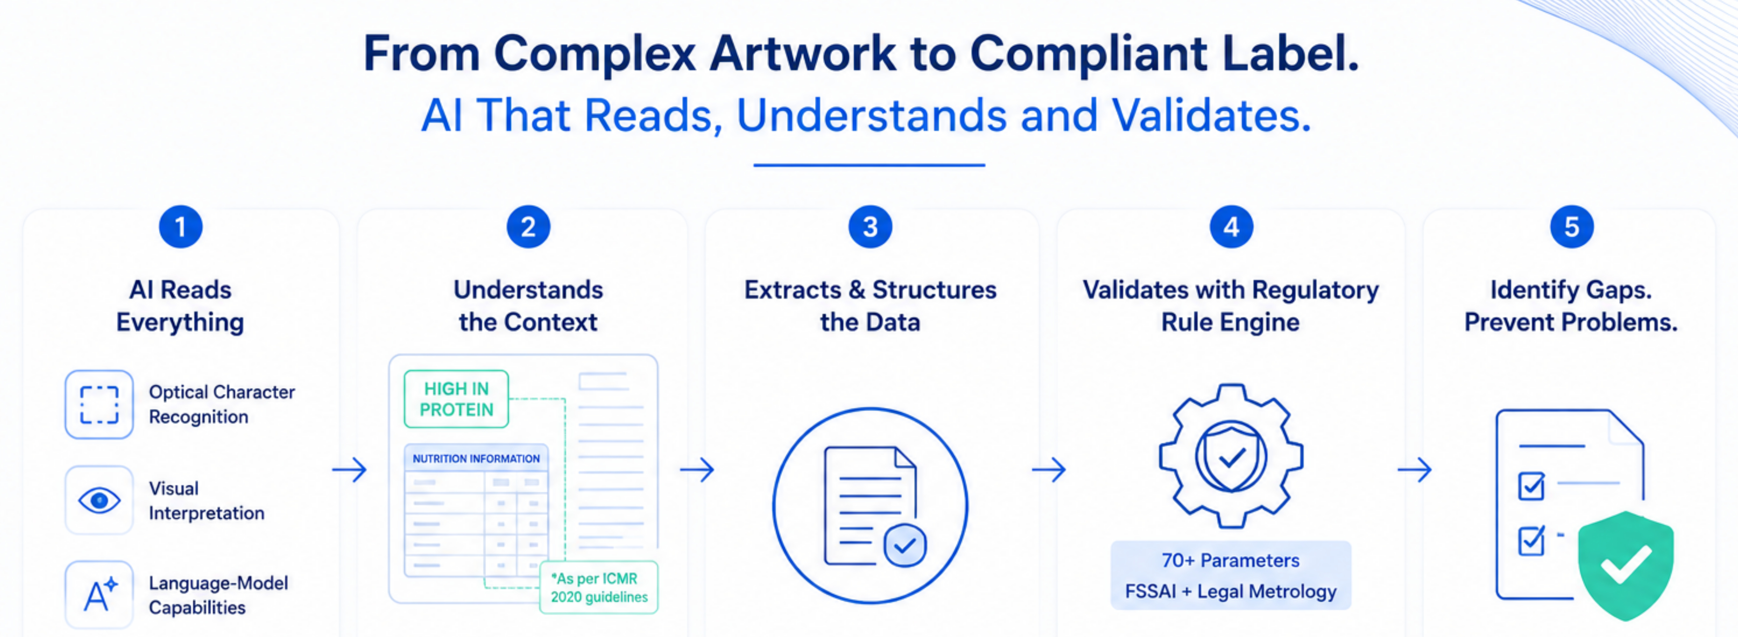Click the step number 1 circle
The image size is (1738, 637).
pos(180,227)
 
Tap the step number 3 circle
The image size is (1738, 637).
pos(870,227)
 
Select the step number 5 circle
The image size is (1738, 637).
pos(1571,227)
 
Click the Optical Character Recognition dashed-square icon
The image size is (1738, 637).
pos(99,404)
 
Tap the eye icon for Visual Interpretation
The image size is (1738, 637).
pos(99,500)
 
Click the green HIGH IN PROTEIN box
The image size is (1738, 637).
pos(456,399)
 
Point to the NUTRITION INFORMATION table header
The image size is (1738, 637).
pos(476,458)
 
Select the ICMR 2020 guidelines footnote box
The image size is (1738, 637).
pos(598,587)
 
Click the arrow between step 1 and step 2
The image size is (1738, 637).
pos(349,469)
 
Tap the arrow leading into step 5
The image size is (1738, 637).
pos(1414,469)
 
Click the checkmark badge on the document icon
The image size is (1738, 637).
pos(905,545)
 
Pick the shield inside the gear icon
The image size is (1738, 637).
pos(1231,458)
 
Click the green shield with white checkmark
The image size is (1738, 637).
pos(1626,565)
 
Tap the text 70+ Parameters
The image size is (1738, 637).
pos(1231,560)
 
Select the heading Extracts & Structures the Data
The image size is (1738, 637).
pos(870,306)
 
